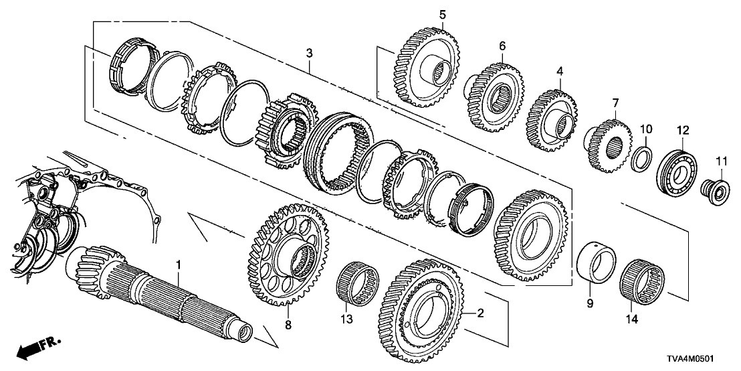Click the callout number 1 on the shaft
coord(179,265)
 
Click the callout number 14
coord(633,320)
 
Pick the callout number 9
coord(589,303)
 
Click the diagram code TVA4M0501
coord(700,359)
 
